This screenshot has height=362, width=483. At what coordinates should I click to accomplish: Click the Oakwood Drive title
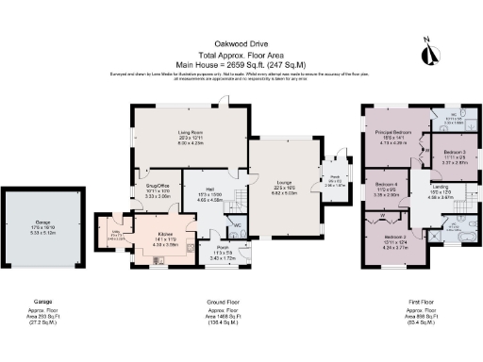tap(241, 42)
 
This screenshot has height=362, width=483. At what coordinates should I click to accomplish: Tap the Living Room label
tap(191, 133)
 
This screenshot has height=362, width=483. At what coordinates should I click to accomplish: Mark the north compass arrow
tap(430, 55)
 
